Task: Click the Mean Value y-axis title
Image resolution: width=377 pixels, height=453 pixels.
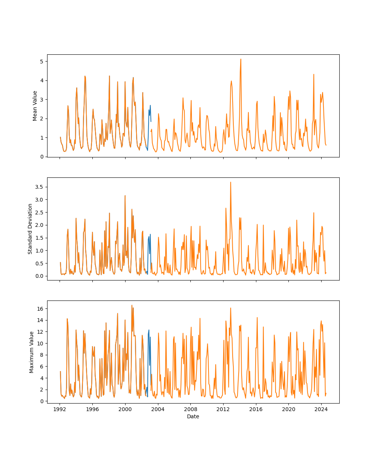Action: [35, 106]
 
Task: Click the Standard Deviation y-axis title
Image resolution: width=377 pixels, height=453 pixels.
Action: [30, 229]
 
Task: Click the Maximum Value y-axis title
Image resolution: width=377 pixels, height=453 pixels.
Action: [32, 352]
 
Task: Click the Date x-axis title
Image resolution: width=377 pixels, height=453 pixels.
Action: [193, 416]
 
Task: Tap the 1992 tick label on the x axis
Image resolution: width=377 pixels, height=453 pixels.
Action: [60, 409]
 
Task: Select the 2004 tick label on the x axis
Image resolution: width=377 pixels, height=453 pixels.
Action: [158, 409]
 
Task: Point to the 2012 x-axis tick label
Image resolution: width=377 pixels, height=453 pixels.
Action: [223, 409]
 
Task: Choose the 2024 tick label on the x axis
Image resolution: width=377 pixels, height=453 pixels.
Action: [321, 409]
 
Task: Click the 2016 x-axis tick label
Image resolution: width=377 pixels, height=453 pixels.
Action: [256, 409]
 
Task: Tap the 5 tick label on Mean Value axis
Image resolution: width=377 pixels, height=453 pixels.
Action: [41, 61]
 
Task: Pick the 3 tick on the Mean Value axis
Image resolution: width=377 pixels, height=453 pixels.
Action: [41, 99]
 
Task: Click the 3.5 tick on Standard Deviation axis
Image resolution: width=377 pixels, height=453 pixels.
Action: [39, 187]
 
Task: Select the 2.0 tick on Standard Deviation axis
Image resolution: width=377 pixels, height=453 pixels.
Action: [39, 225]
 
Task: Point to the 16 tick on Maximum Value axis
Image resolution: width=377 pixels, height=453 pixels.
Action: [40, 308]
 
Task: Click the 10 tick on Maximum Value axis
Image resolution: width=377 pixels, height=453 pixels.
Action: [40, 343]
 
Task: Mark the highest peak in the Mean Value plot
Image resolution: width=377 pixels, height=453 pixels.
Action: [241, 59]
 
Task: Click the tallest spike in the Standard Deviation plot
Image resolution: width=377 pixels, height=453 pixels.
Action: [231, 182]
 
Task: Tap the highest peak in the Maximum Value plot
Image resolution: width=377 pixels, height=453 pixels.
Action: [132, 305]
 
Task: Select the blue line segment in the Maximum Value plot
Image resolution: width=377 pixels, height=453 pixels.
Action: [149, 331]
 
